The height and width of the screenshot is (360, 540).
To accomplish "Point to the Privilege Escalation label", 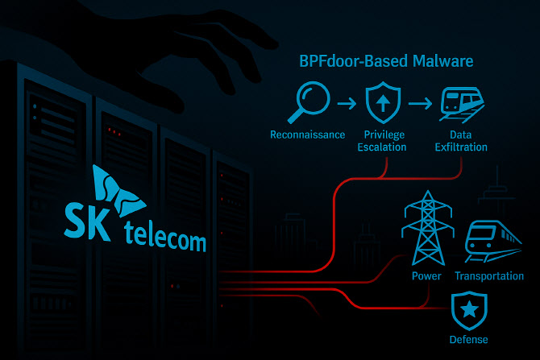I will point(384,141).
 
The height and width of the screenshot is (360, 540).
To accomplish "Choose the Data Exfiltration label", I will point(463,141).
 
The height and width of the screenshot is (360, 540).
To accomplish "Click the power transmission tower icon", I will point(425,230).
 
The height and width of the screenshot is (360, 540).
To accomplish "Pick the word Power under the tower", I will point(426,276).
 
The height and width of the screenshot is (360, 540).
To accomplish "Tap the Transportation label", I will point(489,276).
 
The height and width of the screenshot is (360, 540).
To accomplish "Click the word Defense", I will point(468,339).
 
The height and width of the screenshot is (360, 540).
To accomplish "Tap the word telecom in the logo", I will point(165,239).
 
